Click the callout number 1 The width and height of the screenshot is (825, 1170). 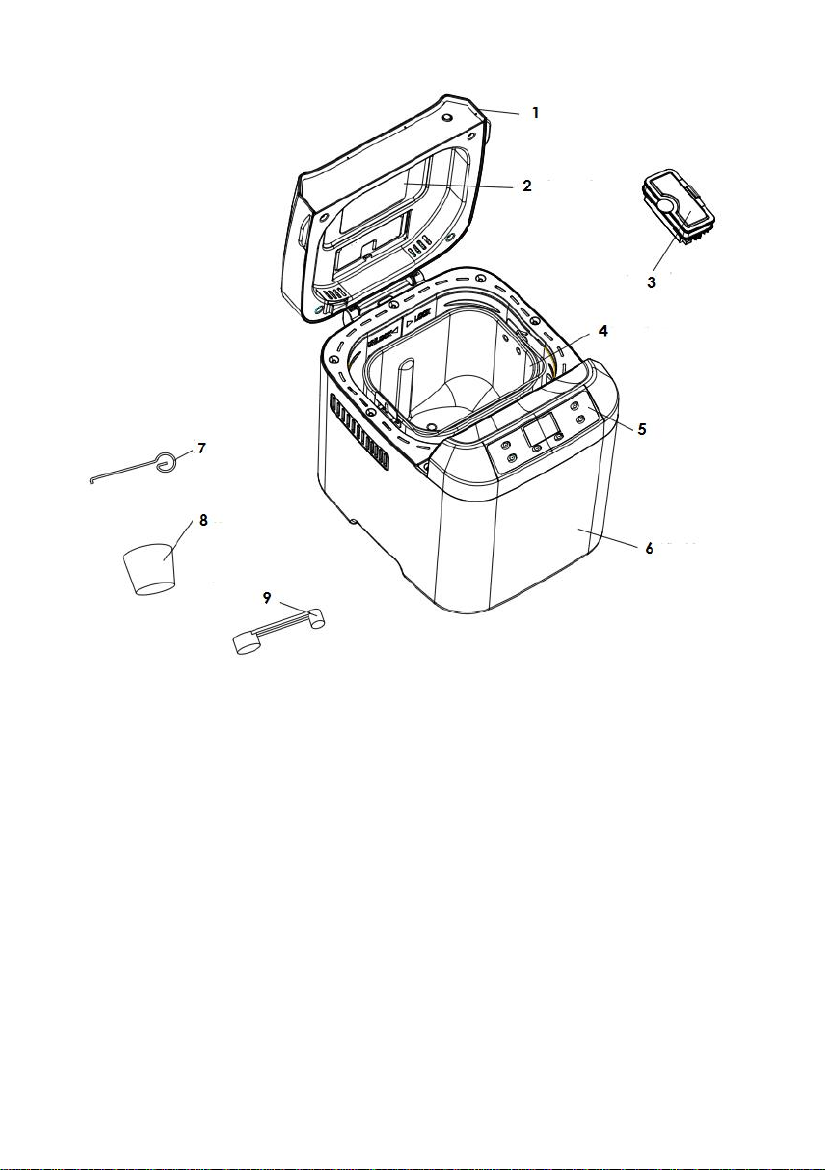pyautogui.click(x=535, y=113)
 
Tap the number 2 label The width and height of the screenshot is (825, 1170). pyautogui.click(x=527, y=186)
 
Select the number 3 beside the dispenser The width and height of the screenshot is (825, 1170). pyautogui.click(x=651, y=282)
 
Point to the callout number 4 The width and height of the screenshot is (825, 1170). pyautogui.click(x=603, y=332)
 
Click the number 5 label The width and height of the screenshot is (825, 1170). pyautogui.click(x=641, y=429)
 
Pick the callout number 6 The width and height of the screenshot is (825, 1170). pyautogui.click(x=649, y=548)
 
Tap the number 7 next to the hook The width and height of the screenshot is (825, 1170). pyautogui.click(x=201, y=449)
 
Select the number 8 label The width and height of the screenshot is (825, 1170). pyautogui.click(x=204, y=521)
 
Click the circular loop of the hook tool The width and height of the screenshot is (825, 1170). pyautogui.click(x=168, y=461)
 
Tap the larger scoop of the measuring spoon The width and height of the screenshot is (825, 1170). pyautogui.click(x=245, y=644)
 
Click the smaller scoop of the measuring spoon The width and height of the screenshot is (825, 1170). pyautogui.click(x=316, y=619)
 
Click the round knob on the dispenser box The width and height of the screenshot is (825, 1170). pyautogui.click(x=668, y=207)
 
